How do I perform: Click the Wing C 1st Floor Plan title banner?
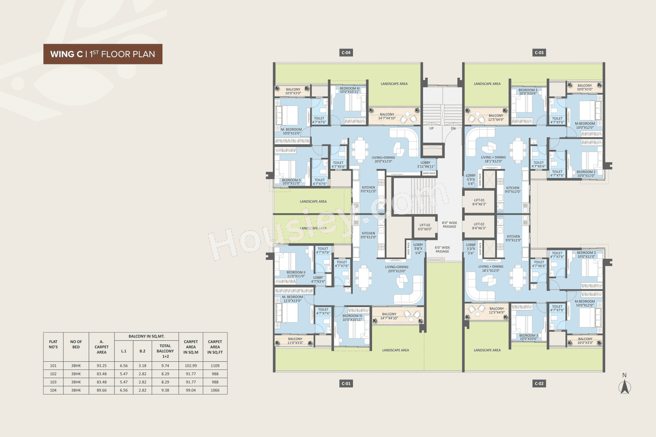point(102,54)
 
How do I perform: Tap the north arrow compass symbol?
point(624,385)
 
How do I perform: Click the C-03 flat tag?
point(539,52)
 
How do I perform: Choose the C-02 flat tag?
point(539,383)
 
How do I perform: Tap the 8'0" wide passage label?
point(449,224)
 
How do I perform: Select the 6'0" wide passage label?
point(442,249)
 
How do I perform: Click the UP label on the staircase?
point(432,128)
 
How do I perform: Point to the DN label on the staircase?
point(453,128)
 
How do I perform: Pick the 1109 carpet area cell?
point(215,366)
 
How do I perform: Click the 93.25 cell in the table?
point(101,366)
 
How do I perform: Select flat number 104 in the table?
point(53,390)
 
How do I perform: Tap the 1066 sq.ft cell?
point(215,390)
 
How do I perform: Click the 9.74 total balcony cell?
point(165,366)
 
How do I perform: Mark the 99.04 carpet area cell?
point(191,390)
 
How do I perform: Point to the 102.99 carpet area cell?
point(191,366)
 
